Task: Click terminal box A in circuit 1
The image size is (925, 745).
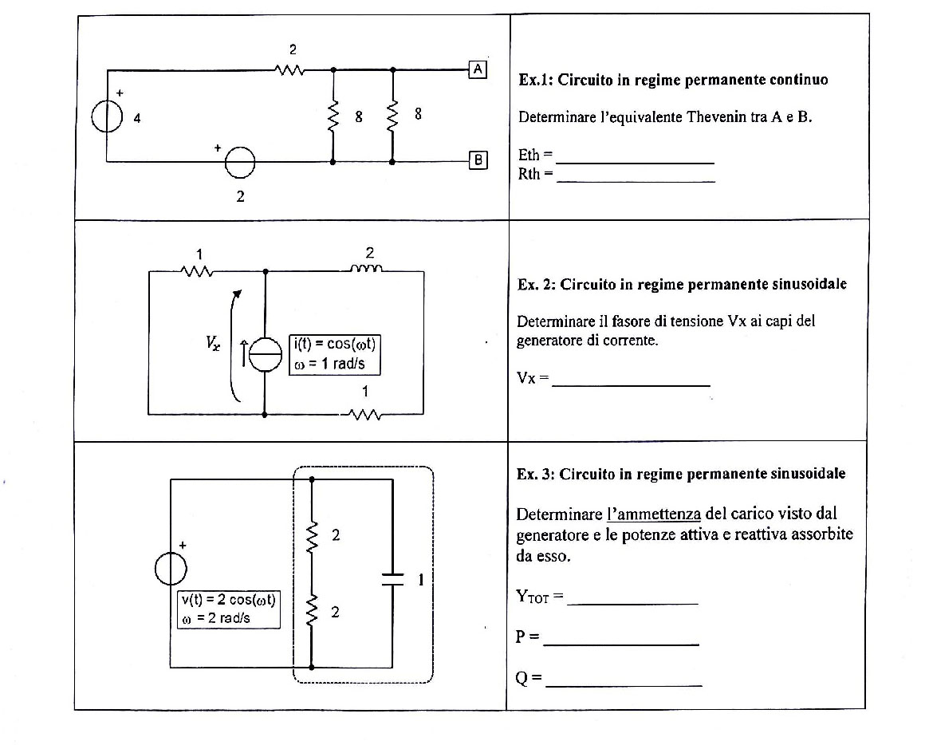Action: click(x=478, y=69)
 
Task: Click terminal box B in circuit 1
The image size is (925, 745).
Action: click(x=478, y=160)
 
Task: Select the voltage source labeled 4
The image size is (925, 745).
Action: click(x=107, y=116)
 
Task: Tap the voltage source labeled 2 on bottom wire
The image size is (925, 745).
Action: click(x=240, y=162)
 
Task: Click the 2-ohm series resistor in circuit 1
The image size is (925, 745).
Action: click(x=289, y=70)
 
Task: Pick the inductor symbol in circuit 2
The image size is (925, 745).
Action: click(x=366, y=269)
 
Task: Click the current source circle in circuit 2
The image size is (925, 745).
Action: click(x=265, y=355)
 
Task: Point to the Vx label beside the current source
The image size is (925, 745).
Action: click(x=213, y=342)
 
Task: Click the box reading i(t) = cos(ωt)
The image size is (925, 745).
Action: click(x=334, y=354)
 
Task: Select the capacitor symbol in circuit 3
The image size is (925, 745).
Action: click(x=392, y=578)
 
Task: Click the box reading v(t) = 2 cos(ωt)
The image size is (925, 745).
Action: click(x=229, y=609)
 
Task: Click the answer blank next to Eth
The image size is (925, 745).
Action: click(x=636, y=163)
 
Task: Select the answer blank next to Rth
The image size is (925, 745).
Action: click(x=636, y=182)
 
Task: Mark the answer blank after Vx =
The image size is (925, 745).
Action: click(x=632, y=386)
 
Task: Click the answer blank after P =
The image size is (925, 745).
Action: click(x=621, y=644)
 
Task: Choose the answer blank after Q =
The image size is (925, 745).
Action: click(x=624, y=685)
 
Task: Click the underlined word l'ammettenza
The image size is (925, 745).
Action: click(x=654, y=514)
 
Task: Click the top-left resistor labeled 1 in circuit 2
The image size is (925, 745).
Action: click(x=197, y=271)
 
